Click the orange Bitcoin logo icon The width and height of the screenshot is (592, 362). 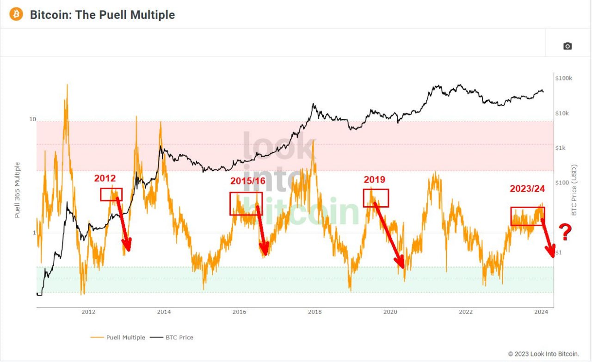(x=16, y=14)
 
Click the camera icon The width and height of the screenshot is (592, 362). (x=567, y=46)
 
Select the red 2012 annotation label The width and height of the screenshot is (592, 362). (x=105, y=178)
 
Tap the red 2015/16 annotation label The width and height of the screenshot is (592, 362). (x=247, y=181)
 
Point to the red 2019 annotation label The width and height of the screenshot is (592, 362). (x=375, y=179)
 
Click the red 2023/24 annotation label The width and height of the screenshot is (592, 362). (x=527, y=189)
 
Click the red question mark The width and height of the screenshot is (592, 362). (x=565, y=232)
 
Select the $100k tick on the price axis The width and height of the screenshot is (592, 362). (x=564, y=78)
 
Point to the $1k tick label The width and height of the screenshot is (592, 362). (x=560, y=148)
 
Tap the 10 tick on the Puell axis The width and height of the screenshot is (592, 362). (x=32, y=119)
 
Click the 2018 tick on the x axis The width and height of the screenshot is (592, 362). (x=315, y=312)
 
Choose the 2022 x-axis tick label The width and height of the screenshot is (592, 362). (x=466, y=312)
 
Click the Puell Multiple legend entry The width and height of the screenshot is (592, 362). (x=118, y=337)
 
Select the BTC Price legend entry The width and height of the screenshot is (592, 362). (x=172, y=337)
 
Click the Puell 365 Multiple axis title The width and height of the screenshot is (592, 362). (x=17, y=190)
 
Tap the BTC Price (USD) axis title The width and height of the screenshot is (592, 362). (x=574, y=190)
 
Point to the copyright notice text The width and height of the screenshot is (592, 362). (x=543, y=354)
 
